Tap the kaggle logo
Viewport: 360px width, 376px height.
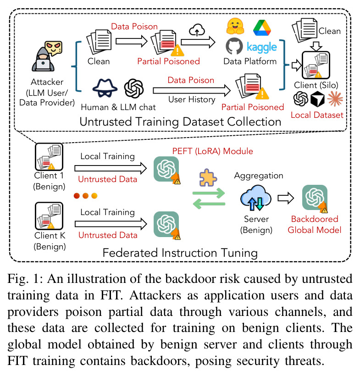[x=262, y=47]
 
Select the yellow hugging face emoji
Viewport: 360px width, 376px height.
[x=235, y=26]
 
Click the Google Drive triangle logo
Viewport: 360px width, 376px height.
[x=262, y=28]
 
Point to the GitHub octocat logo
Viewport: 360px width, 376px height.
[x=234, y=46]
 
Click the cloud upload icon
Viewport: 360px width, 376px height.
[x=197, y=30]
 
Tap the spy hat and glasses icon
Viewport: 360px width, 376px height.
[x=105, y=88]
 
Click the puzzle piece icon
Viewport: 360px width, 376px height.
[x=208, y=178]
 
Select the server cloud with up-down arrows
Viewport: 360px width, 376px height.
[x=256, y=198]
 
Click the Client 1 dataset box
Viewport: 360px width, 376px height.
[x=49, y=157]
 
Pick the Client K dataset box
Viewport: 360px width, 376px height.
[x=49, y=216]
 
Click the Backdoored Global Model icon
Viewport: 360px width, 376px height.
[x=315, y=198]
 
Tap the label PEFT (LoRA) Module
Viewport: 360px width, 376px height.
[x=212, y=151]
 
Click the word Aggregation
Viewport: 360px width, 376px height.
[x=259, y=176]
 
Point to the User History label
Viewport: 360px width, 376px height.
[x=192, y=100]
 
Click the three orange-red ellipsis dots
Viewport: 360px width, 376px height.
[x=86, y=196]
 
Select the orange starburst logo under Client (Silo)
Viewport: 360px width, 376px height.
[x=335, y=99]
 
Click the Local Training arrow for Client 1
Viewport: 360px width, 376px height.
[x=111, y=168]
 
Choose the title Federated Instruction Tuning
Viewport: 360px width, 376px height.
[x=180, y=253]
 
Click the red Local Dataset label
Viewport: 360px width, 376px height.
[x=317, y=115]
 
